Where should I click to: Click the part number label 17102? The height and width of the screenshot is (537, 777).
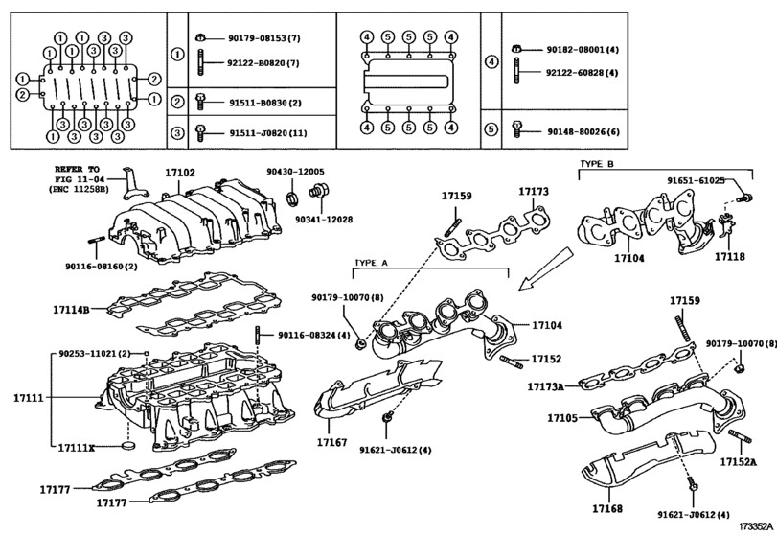179,174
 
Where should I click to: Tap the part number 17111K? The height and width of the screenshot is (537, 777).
77,448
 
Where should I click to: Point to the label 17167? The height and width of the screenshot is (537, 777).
333,442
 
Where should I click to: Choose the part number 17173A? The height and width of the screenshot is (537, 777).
545,386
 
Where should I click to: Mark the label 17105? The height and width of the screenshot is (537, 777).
564,419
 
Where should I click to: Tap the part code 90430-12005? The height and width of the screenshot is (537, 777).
295,172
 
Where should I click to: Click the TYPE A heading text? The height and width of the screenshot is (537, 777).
372,262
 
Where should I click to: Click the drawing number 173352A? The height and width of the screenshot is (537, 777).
753,527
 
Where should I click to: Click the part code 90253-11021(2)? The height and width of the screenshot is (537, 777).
94,354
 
